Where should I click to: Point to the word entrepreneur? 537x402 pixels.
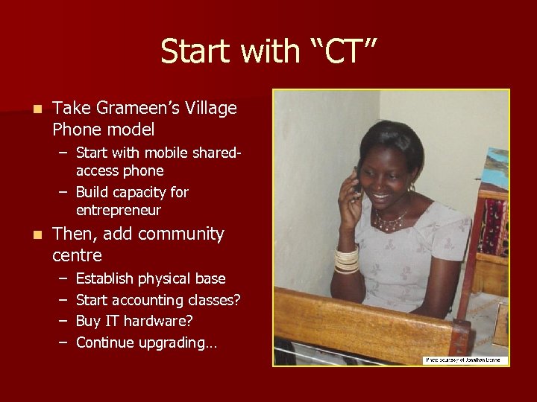[x=119, y=211]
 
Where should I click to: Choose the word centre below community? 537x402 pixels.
[x=77, y=256]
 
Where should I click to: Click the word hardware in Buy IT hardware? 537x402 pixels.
[x=157, y=322]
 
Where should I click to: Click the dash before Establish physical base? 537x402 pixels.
[x=63, y=279]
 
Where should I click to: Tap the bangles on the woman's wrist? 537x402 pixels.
[x=346, y=261]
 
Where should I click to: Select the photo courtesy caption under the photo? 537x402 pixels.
[x=465, y=360]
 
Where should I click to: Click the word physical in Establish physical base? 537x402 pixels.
[x=165, y=279]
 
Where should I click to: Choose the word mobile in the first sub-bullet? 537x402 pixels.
[x=166, y=153]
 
